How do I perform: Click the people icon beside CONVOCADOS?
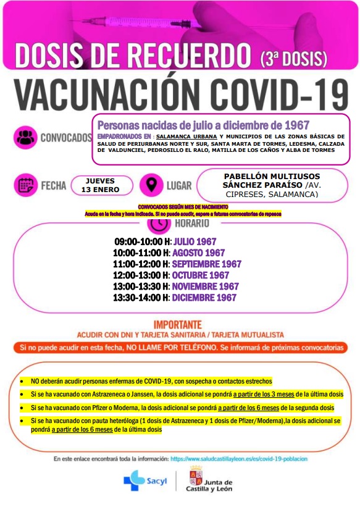tap(25, 136)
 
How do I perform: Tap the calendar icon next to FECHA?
tap(25, 185)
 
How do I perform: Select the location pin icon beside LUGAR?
tap(150, 185)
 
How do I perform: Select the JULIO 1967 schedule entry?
tap(195, 241)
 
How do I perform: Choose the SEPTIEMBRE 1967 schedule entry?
tap(206, 264)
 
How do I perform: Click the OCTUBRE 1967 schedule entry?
tap(200, 275)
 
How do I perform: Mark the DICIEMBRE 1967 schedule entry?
tap(204, 297)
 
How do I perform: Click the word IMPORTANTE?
tap(178, 324)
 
